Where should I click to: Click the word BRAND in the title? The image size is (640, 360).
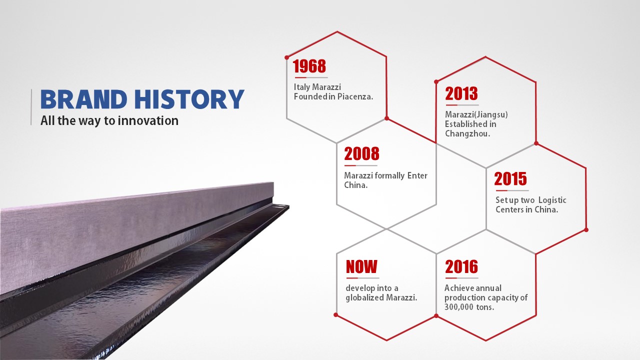[x=83, y=99]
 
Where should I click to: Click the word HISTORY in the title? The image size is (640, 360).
[x=189, y=99]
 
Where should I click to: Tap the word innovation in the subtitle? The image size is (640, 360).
[x=148, y=120]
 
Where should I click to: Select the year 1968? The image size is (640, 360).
[x=309, y=66]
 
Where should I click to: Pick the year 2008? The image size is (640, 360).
[x=361, y=154]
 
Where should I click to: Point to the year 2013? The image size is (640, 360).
[x=461, y=93]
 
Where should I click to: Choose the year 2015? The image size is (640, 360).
[x=510, y=179]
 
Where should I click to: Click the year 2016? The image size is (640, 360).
[x=461, y=266]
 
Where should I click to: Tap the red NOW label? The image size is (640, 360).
[x=361, y=266]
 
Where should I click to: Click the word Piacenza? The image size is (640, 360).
[x=355, y=96]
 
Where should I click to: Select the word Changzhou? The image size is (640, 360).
[x=467, y=133]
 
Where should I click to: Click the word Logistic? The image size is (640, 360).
[x=552, y=200]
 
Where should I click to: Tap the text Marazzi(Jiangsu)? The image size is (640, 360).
[x=476, y=114]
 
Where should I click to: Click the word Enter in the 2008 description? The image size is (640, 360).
[x=417, y=175]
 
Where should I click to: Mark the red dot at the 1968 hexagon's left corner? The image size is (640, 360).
[x=287, y=57]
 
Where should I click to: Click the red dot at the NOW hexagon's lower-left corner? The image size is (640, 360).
[x=336, y=315]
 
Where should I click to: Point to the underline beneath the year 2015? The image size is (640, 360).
[x=512, y=190]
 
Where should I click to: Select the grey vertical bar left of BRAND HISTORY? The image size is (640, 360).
[x=31, y=107]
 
